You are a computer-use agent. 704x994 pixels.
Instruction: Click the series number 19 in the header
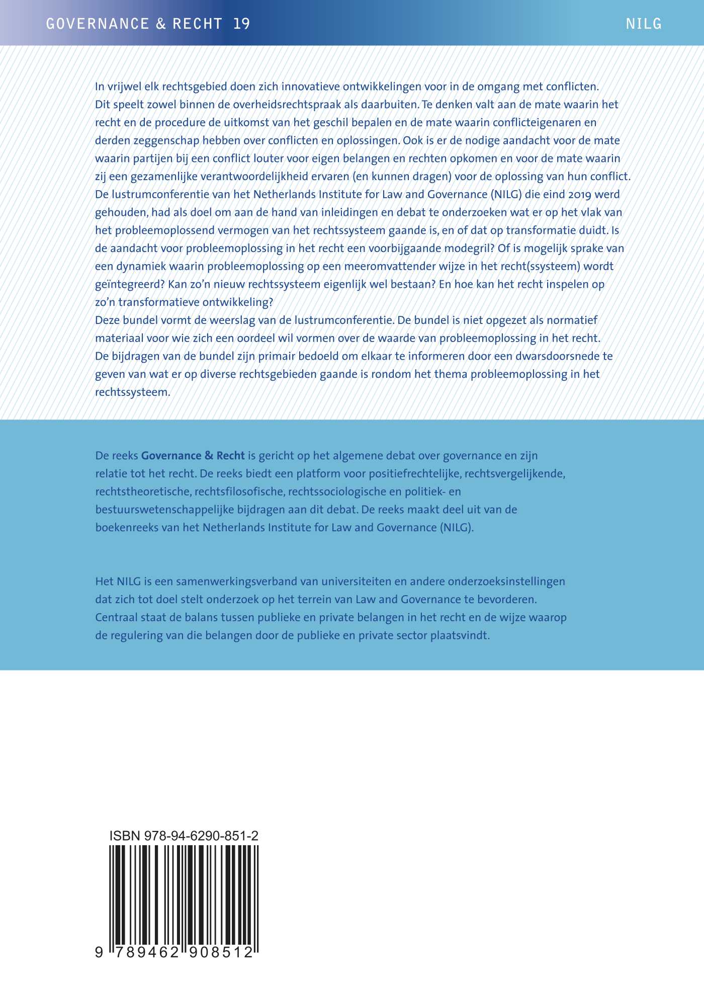242,24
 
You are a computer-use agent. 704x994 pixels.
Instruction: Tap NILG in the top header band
644,24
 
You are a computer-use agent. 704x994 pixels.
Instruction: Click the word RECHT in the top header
198,24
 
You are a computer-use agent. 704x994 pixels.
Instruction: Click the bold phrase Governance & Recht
193,456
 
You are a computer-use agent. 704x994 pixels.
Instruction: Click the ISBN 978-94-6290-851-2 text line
184,836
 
